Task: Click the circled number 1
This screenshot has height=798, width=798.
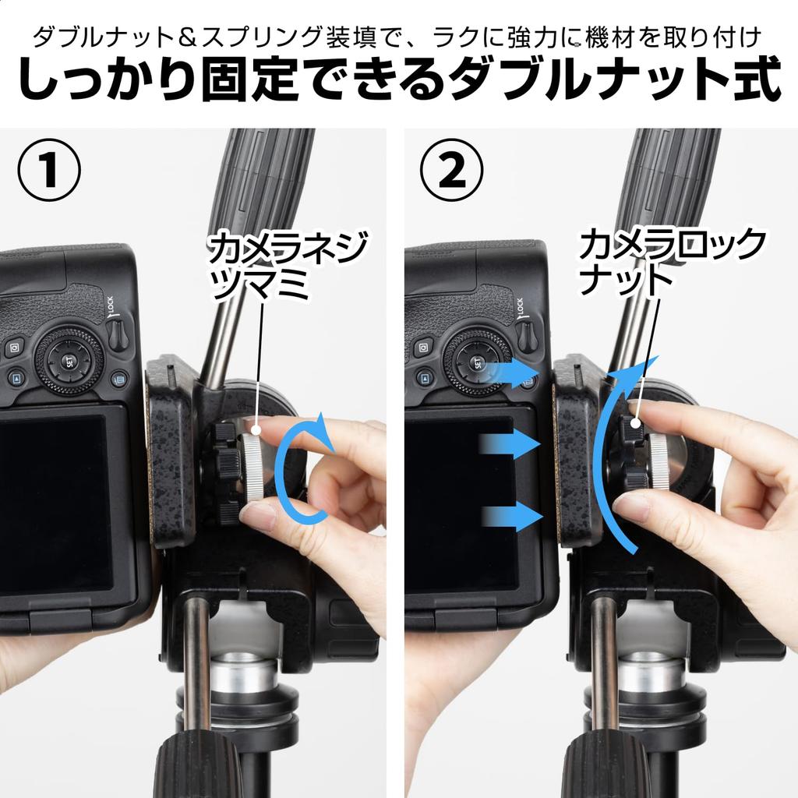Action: point(49,170)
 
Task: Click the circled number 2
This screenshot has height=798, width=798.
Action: point(452,170)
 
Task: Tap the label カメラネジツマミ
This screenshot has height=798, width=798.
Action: point(287,265)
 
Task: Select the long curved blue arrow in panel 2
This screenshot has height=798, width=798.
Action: point(606,458)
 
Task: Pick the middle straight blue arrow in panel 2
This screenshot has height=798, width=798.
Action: point(509,443)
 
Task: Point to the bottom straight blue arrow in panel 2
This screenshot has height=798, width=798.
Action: point(511,518)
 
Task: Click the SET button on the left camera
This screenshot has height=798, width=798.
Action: point(69,362)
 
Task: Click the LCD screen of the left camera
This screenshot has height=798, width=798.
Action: point(55,504)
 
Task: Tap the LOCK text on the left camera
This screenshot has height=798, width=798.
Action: point(111,305)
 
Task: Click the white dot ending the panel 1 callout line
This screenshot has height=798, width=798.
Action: point(256,431)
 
